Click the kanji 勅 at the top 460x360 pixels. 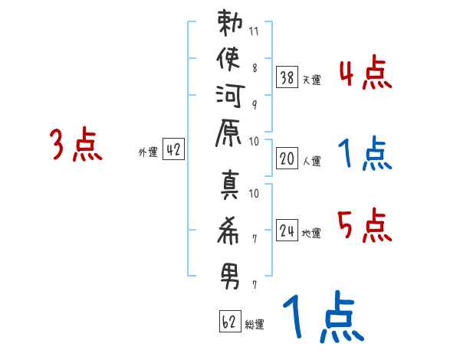point(230,22)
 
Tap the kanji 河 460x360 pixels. point(230,97)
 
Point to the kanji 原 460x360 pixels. point(228,133)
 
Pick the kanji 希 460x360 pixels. point(228,231)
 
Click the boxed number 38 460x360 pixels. point(287,77)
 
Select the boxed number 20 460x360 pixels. point(287,159)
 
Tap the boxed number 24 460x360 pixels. point(287,230)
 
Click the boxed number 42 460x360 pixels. point(173,149)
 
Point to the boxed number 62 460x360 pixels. point(230,321)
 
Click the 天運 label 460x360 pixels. point(311,80)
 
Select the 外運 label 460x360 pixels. point(148,152)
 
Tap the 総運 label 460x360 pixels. point(255,325)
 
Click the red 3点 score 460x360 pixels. point(76,144)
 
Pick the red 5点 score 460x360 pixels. point(365,225)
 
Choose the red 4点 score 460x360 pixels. point(366,72)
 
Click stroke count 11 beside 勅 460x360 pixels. point(254,31)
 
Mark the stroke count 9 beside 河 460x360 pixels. point(255,105)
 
